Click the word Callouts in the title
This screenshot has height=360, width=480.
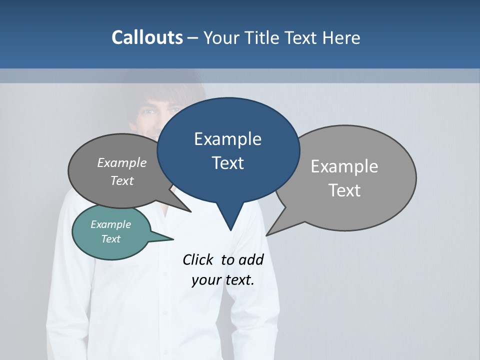147,37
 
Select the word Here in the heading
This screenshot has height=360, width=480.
341,37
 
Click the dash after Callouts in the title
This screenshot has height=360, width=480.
193,38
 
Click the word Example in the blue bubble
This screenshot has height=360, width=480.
227,138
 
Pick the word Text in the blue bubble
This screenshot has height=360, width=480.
227,163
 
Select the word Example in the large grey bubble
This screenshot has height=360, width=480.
344,166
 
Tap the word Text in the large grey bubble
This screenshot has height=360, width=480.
344,190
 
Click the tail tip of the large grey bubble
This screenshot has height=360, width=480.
267,234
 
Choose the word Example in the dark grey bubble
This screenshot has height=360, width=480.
122,162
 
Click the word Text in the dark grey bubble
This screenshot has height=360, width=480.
122,180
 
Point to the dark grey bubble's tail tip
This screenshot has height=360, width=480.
190,211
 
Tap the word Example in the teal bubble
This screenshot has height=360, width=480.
110,224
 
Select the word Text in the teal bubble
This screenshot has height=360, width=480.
110,239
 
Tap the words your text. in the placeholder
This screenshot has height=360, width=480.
223,280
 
